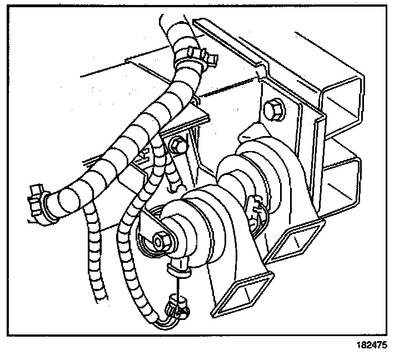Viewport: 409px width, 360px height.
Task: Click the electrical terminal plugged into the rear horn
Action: [x=257, y=213]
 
